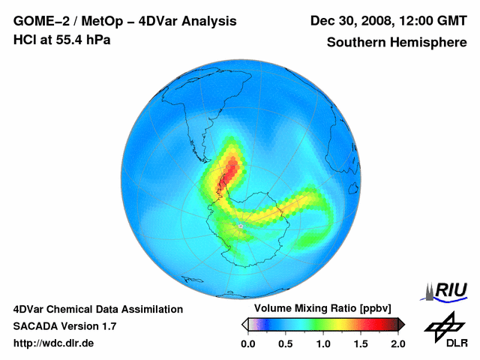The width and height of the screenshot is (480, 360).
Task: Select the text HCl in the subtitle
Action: coord(24,40)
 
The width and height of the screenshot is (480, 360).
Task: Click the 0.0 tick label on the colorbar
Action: coord(248,344)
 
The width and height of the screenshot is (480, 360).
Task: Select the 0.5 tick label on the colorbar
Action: coord(286,344)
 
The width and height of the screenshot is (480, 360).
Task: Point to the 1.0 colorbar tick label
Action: coord(323,344)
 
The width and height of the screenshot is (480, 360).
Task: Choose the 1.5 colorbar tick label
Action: coord(361,344)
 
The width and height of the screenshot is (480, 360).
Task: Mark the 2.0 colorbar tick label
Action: coord(397,344)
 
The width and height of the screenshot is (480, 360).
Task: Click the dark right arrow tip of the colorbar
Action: coord(402,324)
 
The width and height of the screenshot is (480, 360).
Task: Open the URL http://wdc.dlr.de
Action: coord(54,344)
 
